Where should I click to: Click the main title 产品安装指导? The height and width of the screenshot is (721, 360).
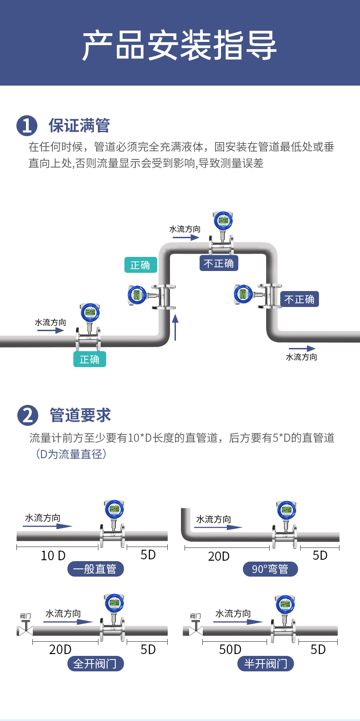[x=180, y=45]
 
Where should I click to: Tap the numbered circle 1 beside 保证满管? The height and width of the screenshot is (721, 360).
[x=27, y=126]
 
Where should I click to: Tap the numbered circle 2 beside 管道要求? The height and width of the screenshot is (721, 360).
[x=28, y=415]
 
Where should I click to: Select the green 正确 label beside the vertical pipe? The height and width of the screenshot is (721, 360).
[x=141, y=265]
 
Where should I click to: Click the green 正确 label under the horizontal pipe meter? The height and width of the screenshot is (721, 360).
[x=89, y=359]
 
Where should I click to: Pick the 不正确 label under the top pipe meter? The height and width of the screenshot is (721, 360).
[x=219, y=263]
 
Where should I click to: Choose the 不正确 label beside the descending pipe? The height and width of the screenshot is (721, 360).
[x=299, y=299]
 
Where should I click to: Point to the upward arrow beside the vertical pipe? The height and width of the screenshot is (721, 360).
[x=175, y=327]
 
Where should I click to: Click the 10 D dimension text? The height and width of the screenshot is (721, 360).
[x=53, y=556]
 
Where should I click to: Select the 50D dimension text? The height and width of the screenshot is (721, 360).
[x=230, y=649]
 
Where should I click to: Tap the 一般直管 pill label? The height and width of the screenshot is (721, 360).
[x=96, y=569]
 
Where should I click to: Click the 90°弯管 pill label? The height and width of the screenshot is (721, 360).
[x=270, y=569]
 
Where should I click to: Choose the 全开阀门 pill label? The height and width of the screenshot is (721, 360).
[x=96, y=664]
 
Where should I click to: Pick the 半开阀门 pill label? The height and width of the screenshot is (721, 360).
[x=266, y=664]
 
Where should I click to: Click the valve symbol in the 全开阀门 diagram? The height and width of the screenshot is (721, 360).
[x=26, y=628]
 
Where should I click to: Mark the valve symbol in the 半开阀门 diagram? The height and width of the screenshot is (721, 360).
[x=196, y=628]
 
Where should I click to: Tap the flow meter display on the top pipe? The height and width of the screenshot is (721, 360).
[x=223, y=220]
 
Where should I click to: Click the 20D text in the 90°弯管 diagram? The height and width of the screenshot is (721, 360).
[x=219, y=556]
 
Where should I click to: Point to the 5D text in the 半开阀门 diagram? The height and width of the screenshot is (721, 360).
[x=318, y=649]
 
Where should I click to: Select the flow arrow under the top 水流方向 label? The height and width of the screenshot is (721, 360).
[x=186, y=238]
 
